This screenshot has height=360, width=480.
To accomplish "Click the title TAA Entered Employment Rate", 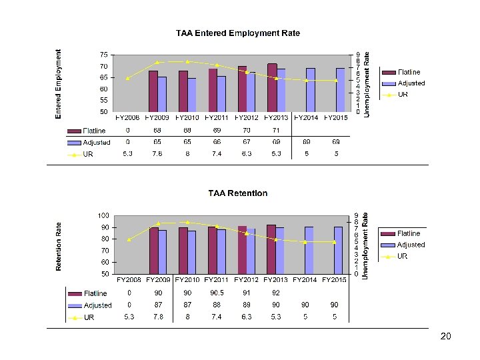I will (237, 33).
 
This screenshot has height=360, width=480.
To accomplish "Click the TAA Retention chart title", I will (238, 193).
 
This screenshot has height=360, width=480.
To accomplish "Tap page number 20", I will (446, 337).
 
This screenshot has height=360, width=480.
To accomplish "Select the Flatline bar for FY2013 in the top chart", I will (272, 87).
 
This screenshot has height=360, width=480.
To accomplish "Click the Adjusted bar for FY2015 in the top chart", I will (340, 90).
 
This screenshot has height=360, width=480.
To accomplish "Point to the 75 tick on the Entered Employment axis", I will (104, 55).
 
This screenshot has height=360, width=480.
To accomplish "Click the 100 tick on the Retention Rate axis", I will (103, 215).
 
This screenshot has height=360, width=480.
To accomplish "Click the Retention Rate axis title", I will (59, 247).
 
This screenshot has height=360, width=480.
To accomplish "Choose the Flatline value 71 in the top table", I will (276, 130).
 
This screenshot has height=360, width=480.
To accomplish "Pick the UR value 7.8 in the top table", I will (157, 154).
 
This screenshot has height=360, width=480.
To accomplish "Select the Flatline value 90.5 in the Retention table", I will (217, 293).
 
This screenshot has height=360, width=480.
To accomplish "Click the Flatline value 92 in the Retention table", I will (276, 293).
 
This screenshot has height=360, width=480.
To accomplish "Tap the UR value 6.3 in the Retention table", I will (247, 317).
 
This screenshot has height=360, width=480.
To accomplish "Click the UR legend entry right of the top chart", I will (403, 95).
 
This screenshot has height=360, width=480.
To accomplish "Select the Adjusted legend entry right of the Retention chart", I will (411, 245).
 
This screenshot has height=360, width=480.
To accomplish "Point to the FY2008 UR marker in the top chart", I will (127, 79).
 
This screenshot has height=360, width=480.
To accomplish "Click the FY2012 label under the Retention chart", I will (247, 280).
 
